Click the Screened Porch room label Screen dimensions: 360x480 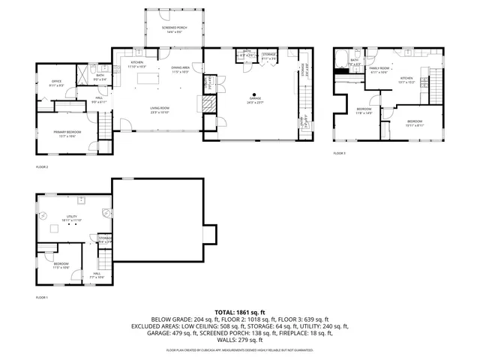click(173, 28)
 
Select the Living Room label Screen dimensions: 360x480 click(158, 109)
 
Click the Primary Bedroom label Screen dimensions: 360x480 click(67, 133)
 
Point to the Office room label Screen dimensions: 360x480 click(56, 83)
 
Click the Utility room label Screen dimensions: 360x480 click(72, 217)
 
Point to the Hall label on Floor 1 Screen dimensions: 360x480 click(97, 274)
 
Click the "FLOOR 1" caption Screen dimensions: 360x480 click(42, 298)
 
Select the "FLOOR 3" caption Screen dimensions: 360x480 click(340, 153)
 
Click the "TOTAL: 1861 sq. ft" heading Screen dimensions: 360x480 click(239, 311)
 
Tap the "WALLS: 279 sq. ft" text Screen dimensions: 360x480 click(239, 340)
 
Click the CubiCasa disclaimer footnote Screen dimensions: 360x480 click(239, 350)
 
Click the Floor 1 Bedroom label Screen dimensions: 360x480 click(61, 265)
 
